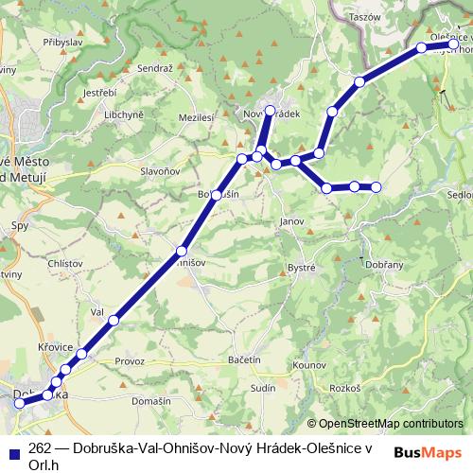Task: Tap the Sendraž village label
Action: (x=156, y=70)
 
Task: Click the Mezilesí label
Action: (x=194, y=117)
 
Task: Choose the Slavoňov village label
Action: (x=160, y=171)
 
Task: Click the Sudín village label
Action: (x=262, y=388)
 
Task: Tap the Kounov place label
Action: (x=309, y=363)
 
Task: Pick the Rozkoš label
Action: (x=345, y=389)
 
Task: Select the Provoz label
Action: (x=129, y=362)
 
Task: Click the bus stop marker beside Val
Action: (x=114, y=321)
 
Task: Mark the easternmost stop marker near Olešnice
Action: (x=454, y=44)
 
